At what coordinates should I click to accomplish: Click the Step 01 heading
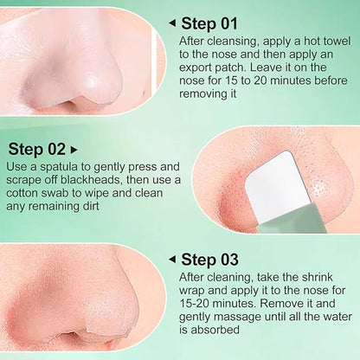click(209, 23)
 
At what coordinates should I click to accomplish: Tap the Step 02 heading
click(36, 149)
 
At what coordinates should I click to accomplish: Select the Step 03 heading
click(209, 260)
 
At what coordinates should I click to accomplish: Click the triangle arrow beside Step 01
click(172, 23)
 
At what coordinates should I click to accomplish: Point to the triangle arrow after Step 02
click(74, 150)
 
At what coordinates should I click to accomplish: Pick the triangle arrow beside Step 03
click(172, 260)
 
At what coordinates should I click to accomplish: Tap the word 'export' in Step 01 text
click(196, 67)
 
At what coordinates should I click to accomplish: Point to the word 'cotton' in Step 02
click(22, 193)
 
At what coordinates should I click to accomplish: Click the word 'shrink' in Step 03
click(317, 277)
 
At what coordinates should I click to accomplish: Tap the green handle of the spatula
click(291, 218)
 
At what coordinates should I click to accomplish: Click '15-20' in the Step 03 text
click(195, 304)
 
